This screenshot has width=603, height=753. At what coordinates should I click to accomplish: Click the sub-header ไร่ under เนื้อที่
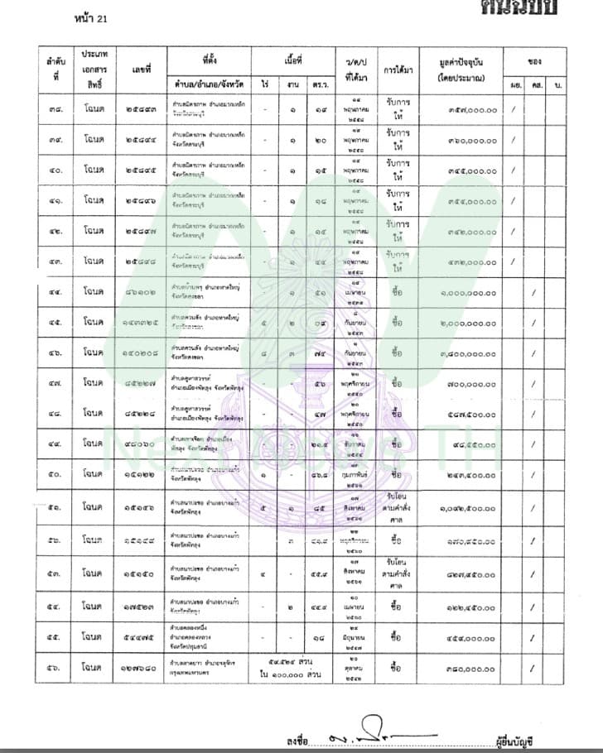coord(265,84)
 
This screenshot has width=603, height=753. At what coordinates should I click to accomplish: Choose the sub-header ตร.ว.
coord(320,84)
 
